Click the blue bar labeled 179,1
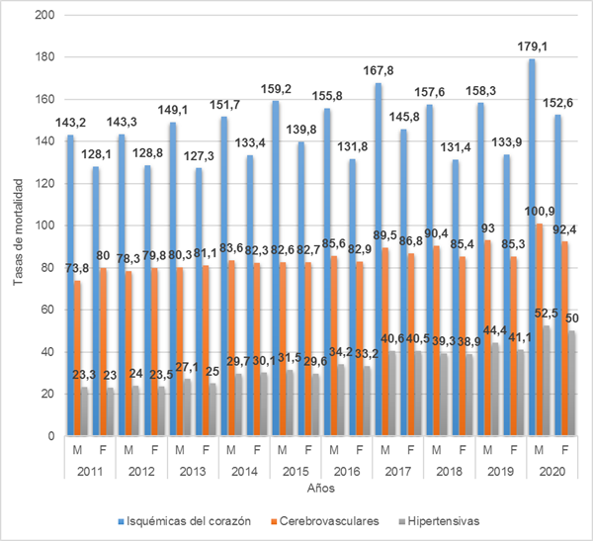(x=533, y=247)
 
